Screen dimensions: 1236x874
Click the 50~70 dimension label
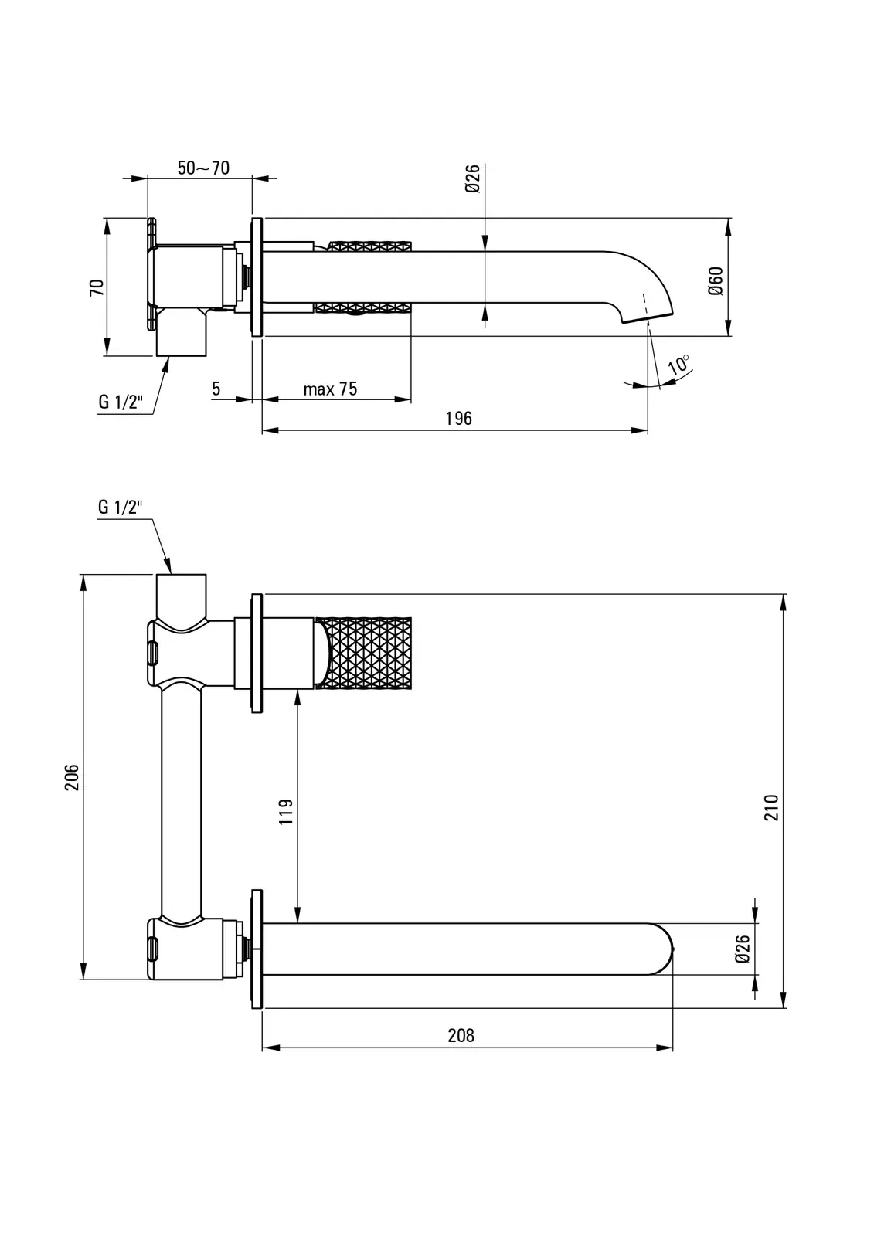[x=203, y=168]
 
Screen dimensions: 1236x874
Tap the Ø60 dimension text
[x=715, y=280]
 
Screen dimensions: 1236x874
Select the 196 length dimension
[x=458, y=419]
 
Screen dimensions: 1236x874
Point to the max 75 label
[x=330, y=389]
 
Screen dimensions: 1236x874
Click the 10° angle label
[x=679, y=365]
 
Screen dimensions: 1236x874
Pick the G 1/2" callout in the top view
[x=121, y=402]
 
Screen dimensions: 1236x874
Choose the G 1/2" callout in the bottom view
[x=121, y=508]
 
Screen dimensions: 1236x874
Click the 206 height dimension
[x=72, y=777]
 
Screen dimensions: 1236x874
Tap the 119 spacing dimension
[x=286, y=812]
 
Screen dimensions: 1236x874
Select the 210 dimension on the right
[x=772, y=807]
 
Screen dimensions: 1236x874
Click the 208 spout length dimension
[x=461, y=1035]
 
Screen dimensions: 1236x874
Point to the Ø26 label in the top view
[x=473, y=178]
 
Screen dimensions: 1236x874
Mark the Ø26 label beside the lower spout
[x=743, y=949]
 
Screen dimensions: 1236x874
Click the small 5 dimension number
[x=216, y=389]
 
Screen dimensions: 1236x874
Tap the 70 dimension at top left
[x=97, y=288]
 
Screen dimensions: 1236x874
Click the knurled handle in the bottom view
[x=369, y=653]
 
